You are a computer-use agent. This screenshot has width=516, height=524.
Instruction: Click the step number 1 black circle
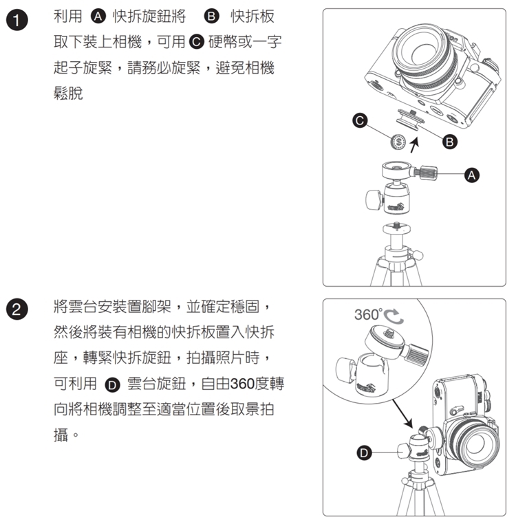[x=17, y=20]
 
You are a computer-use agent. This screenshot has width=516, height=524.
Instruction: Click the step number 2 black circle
[x=17, y=309]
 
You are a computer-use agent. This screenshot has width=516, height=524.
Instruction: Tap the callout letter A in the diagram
[x=471, y=175]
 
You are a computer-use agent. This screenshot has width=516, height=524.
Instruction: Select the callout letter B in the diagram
[x=450, y=142]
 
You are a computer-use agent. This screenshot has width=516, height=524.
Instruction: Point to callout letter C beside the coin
[x=360, y=120]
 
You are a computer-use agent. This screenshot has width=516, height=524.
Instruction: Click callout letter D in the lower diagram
[x=364, y=452]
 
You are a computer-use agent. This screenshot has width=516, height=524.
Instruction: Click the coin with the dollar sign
[x=398, y=142]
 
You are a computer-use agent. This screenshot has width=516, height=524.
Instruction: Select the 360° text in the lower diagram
[x=368, y=315]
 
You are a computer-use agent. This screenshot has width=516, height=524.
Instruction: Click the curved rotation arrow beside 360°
[x=394, y=316]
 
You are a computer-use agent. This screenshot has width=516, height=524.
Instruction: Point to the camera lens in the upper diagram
[x=425, y=57]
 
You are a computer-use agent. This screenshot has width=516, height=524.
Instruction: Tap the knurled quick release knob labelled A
[x=426, y=172]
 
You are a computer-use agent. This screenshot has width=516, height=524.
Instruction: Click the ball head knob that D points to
[x=404, y=451]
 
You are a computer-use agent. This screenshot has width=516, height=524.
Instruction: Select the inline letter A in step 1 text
[x=98, y=17]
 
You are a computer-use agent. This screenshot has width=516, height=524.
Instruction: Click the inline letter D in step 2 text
[x=112, y=385]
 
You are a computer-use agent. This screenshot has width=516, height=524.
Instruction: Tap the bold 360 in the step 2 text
[x=242, y=384]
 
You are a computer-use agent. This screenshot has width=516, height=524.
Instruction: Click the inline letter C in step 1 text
[x=197, y=42]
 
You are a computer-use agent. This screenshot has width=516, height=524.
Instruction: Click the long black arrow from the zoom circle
[x=402, y=413]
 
